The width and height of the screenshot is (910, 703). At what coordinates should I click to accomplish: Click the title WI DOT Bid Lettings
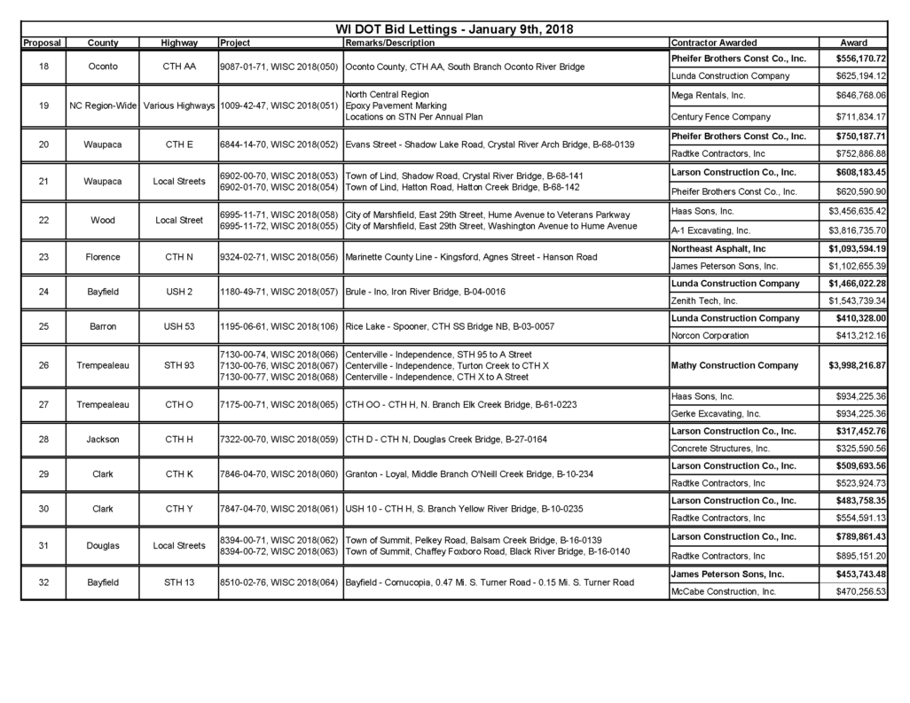coord(454,29)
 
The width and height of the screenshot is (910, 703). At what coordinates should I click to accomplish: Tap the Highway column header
coord(179,43)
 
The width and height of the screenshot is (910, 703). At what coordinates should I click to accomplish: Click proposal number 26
coord(43,365)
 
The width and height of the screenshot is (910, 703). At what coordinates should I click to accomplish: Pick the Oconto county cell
coord(103,66)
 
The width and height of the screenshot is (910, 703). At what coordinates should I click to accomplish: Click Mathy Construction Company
coord(735,365)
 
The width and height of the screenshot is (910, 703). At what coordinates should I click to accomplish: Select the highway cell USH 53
coord(179,326)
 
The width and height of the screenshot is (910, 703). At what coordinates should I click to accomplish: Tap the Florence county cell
coord(103,257)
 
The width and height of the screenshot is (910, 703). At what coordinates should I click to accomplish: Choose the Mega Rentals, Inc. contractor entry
coord(709,95)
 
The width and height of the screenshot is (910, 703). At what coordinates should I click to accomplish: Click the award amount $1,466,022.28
coord(855,284)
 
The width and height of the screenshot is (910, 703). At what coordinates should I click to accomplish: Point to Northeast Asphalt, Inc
coord(719,249)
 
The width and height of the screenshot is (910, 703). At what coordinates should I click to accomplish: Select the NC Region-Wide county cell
coord(103,105)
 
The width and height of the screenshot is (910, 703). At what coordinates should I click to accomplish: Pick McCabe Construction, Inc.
coord(724,591)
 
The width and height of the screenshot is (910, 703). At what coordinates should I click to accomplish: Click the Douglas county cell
coord(103,545)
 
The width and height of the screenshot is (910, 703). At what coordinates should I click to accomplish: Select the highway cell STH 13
coord(179,582)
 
